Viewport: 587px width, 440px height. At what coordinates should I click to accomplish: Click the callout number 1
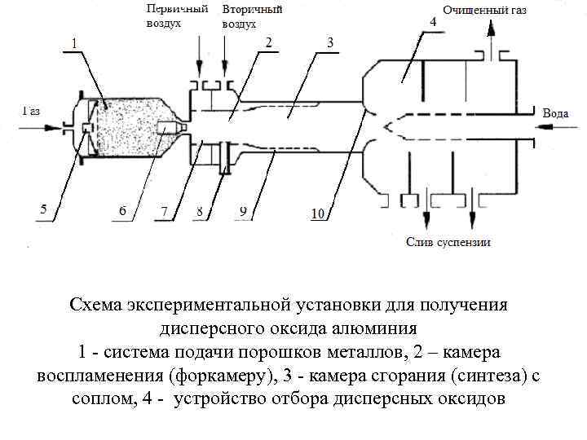point(74,41)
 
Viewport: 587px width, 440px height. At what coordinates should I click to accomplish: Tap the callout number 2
point(269,41)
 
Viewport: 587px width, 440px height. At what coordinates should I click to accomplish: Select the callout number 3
point(329,41)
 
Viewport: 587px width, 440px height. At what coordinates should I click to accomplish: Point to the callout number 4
point(432,22)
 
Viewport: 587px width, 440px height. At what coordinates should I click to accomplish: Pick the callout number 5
point(43,209)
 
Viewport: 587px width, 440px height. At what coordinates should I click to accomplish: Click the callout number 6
point(122,211)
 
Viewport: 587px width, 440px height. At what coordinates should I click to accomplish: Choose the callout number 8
point(198,211)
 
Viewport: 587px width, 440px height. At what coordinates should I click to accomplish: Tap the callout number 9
point(242,211)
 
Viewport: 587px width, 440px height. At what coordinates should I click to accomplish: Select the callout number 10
point(318,213)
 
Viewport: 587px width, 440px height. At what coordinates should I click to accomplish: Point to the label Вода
point(555,113)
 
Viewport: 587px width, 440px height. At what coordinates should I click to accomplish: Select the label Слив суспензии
point(448,242)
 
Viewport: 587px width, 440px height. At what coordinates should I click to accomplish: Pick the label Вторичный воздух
point(252,16)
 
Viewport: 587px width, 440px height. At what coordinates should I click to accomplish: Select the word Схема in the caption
point(95,305)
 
